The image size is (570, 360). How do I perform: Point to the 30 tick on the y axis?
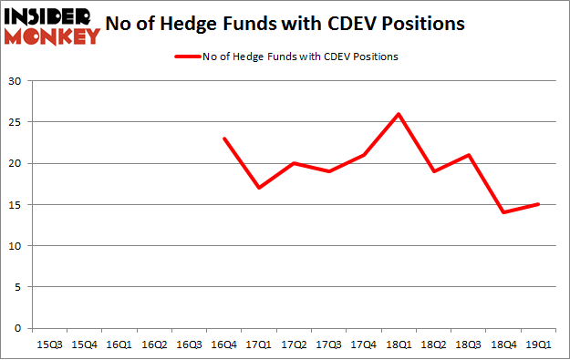[x=17, y=81]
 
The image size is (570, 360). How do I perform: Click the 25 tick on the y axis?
[x=17, y=122]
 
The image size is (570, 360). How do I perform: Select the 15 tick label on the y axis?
[x=17, y=205]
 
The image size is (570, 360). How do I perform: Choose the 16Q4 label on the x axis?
[x=224, y=345]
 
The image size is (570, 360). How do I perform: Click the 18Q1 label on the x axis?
[x=399, y=345]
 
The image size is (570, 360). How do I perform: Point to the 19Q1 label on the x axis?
[x=538, y=345]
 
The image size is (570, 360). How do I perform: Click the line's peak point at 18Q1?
[x=399, y=114]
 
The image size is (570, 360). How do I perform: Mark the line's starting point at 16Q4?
[x=224, y=139]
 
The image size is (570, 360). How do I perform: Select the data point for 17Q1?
[x=259, y=188]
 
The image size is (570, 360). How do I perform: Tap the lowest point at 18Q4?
[x=503, y=212]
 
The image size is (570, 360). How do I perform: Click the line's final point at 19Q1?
[x=538, y=204]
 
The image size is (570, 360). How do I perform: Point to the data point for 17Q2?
[x=294, y=163]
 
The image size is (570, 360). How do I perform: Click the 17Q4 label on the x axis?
[x=364, y=345]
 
